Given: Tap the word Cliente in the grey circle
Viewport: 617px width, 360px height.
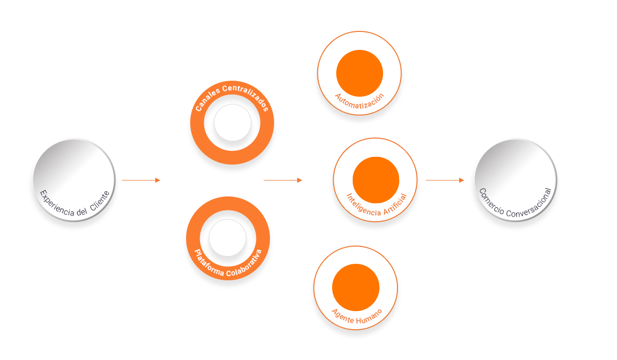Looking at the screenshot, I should (x=100, y=201).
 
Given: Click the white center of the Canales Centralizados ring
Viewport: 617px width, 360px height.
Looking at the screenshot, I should (x=233, y=124).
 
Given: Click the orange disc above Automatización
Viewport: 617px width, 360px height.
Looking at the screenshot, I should (x=359, y=73).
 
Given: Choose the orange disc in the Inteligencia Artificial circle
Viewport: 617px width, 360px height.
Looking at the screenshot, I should (x=376, y=180).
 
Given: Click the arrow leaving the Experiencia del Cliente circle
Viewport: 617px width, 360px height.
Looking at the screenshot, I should (x=141, y=180).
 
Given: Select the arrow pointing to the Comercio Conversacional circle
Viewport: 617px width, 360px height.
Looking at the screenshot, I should (x=445, y=180).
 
